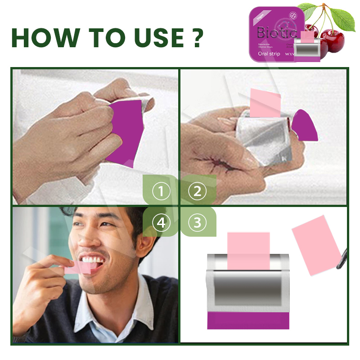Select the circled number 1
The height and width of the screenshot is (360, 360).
(161, 192)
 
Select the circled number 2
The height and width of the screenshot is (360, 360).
(197, 192)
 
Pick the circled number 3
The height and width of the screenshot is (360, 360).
(197, 222)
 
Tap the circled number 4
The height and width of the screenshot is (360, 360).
(161, 222)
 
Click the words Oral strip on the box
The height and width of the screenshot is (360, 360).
(269, 54)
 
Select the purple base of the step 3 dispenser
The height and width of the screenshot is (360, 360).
(247, 320)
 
